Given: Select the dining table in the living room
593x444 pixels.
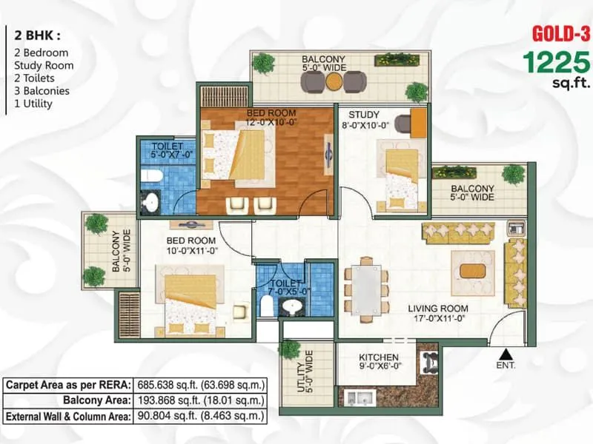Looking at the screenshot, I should pos(366,284).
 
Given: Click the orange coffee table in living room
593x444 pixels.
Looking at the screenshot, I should pos(472,270).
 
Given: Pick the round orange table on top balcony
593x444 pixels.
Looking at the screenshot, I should pos(334,81).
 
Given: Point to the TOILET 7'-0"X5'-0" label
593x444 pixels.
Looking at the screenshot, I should pos(284,287).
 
